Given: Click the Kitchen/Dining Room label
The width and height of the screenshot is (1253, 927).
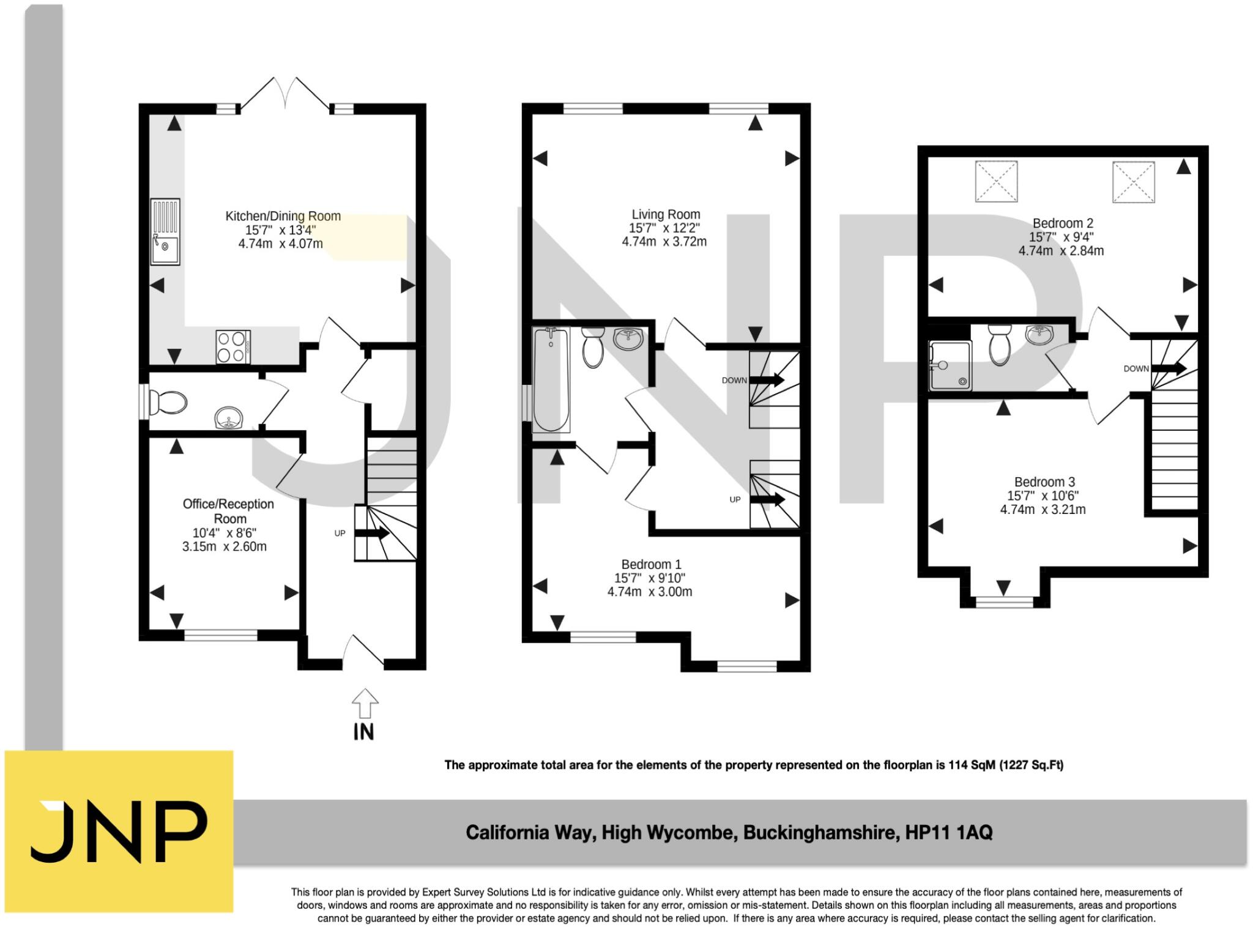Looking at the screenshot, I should (x=283, y=216).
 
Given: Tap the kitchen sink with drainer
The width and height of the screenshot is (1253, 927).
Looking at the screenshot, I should (x=165, y=231).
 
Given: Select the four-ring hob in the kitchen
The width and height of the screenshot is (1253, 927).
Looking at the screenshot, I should (x=233, y=347).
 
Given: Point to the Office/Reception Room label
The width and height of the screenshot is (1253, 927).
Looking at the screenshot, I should (x=228, y=511).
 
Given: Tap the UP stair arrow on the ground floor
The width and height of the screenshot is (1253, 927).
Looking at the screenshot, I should (x=371, y=533).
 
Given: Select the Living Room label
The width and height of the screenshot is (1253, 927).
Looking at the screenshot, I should (x=666, y=215).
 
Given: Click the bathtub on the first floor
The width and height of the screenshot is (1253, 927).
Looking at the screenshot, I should (x=551, y=379).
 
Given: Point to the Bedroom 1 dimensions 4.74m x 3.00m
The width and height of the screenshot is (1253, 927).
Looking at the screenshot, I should (x=650, y=592).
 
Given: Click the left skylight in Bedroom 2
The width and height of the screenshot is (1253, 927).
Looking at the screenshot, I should (x=996, y=181).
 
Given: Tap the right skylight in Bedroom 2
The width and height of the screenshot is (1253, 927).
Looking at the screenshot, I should (x=1133, y=181).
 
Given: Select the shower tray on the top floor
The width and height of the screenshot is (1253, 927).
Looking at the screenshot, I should (x=949, y=366).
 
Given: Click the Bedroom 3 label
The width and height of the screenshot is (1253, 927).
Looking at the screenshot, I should (x=1044, y=482).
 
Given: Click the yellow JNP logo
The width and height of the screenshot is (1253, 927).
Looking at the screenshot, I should (x=119, y=831).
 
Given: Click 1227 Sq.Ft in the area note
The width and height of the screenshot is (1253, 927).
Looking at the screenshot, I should (x=1031, y=765).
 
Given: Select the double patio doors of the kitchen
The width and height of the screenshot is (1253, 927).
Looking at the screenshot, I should (x=285, y=95).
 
